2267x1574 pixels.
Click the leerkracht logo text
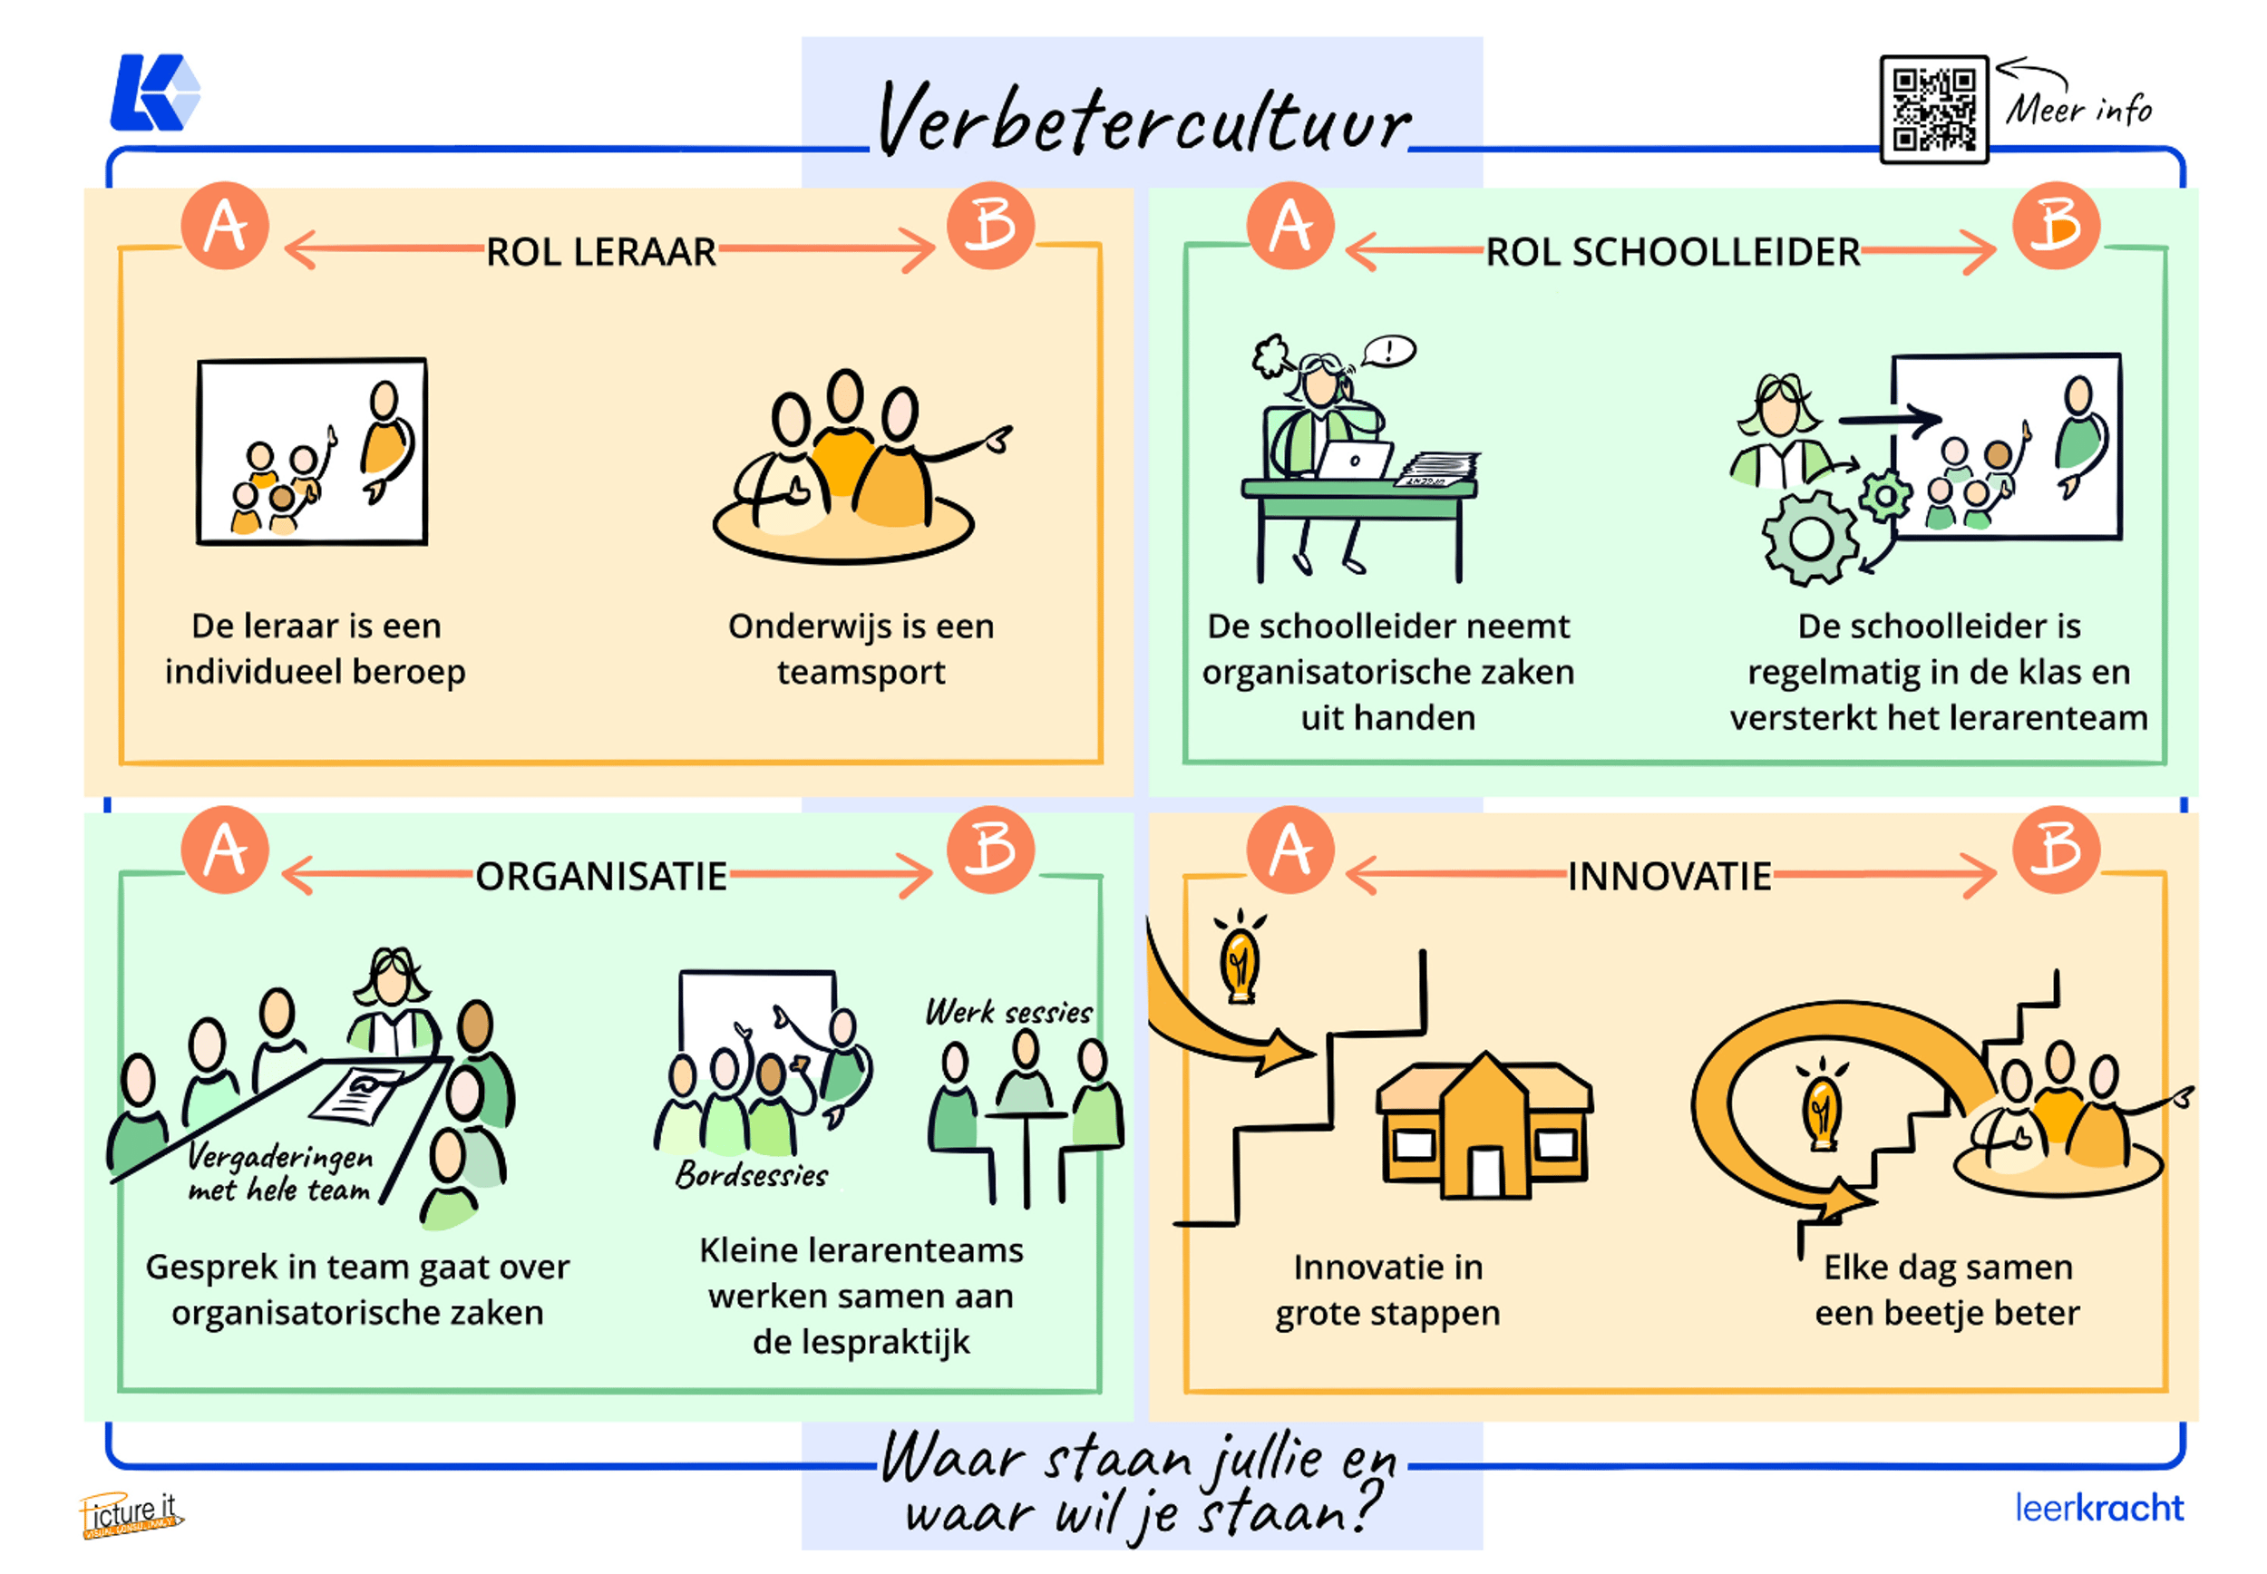coord(2098,1508)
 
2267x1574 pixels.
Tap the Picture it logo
coord(131,1515)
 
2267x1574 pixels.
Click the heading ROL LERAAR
coord(600,252)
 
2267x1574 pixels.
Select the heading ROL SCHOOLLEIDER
coord(1672,252)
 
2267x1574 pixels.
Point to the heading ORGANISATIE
coord(600,876)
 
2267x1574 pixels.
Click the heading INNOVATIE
coord(1669,876)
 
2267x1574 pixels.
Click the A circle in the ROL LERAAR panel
coord(225,226)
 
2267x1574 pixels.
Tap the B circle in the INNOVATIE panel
coord(2055,850)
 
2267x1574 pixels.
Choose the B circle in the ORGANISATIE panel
coord(990,850)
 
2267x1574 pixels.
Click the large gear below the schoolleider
coord(1811,539)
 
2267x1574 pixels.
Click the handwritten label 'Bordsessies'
coord(752,1174)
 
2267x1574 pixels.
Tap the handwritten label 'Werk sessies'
coord(1007,1012)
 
